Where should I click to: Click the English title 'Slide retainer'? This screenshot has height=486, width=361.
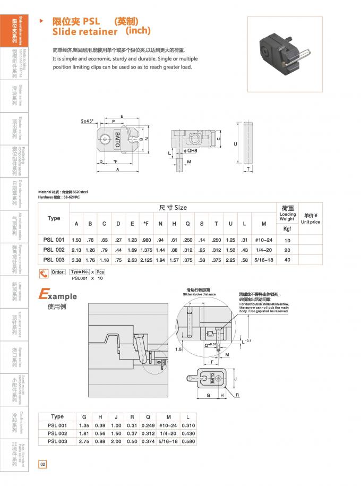85,32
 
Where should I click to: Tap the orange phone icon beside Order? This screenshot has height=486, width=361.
44,274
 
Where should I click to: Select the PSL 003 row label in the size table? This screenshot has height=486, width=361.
54,260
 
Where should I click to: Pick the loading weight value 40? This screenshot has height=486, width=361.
287,260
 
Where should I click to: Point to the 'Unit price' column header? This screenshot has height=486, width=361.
310,222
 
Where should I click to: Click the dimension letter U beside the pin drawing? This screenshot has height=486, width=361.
235,144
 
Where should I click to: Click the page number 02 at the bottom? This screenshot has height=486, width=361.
43,464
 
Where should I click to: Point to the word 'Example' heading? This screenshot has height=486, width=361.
58,295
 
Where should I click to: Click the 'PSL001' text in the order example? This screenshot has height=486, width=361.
80,278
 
